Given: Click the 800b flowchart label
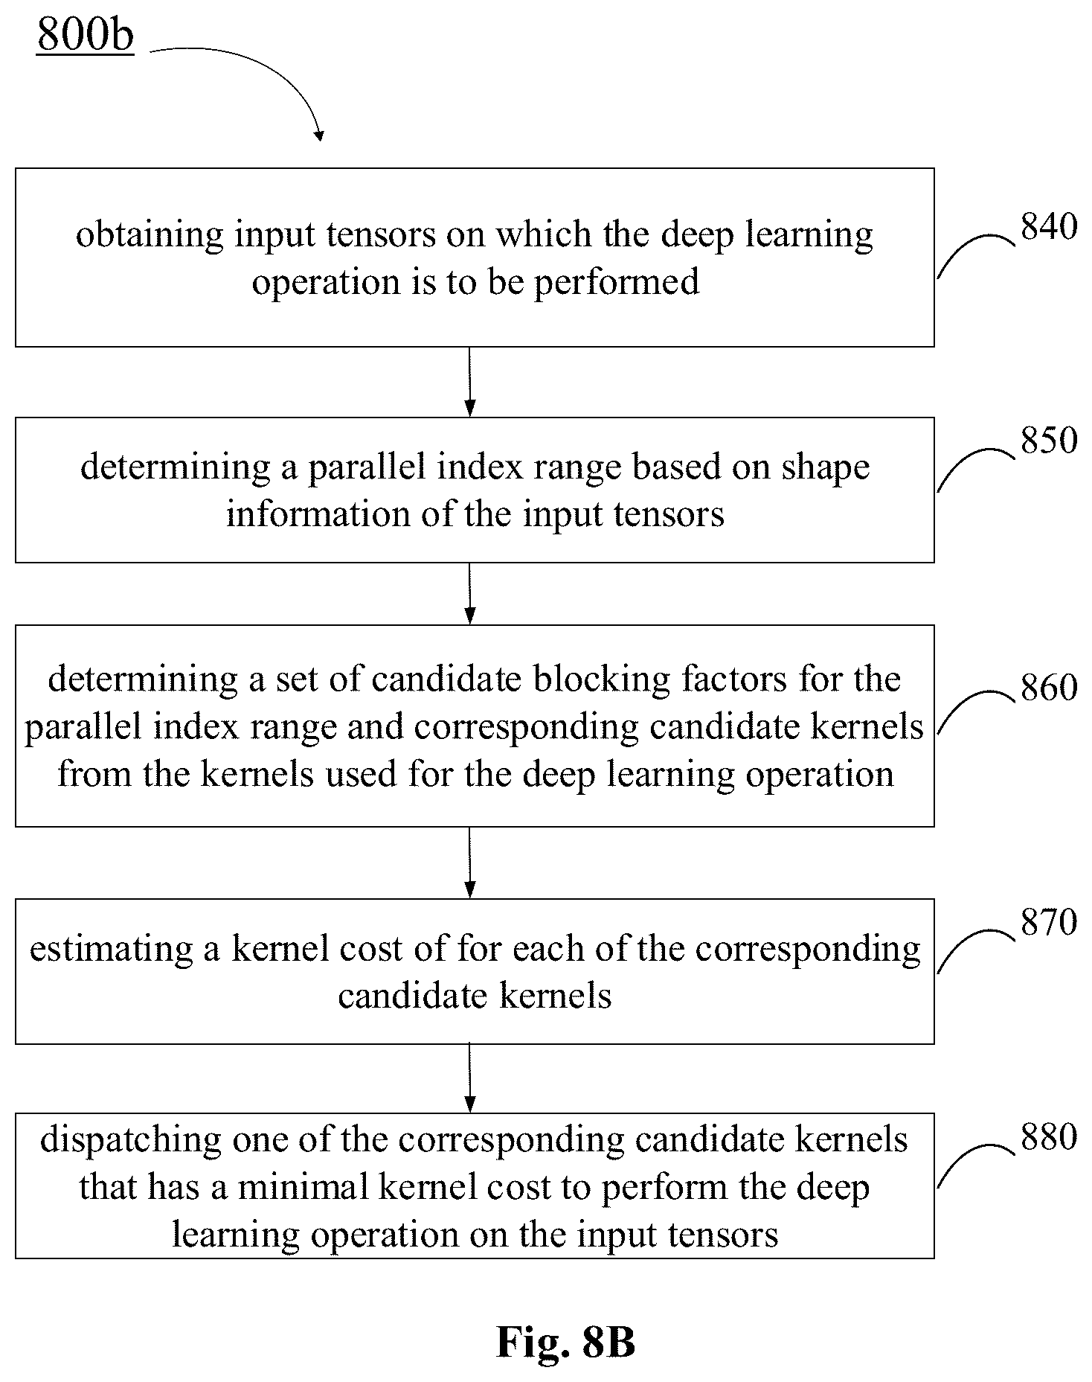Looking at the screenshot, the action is pyautogui.click(x=86, y=35).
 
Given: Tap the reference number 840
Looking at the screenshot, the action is pyautogui.click(x=1049, y=226).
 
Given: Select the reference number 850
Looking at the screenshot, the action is pyautogui.click(x=1049, y=440).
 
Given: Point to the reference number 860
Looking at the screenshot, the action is pyautogui.click(x=1049, y=688).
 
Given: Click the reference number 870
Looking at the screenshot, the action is pyautogui.click(x=1049, y=922).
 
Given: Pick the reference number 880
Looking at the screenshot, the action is pyautogui.click(x=1049, y=1136).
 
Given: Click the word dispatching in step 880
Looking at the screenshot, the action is pyautogui.click(x=131, y=1141).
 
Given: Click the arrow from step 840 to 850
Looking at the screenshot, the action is pyautogui.click(x=469, y=382).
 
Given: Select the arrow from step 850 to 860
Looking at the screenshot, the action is pyautogui.click(x=469, y=594).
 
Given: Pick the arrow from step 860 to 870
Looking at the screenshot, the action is pyautogui.click(x=469, y=863).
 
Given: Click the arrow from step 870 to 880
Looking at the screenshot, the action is pyautogui.click(x=469, y=1078).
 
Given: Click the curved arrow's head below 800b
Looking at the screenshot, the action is pyautogui.click(x=319, y=135).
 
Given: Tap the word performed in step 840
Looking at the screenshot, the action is pyautogui.click(x=617, y=284).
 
